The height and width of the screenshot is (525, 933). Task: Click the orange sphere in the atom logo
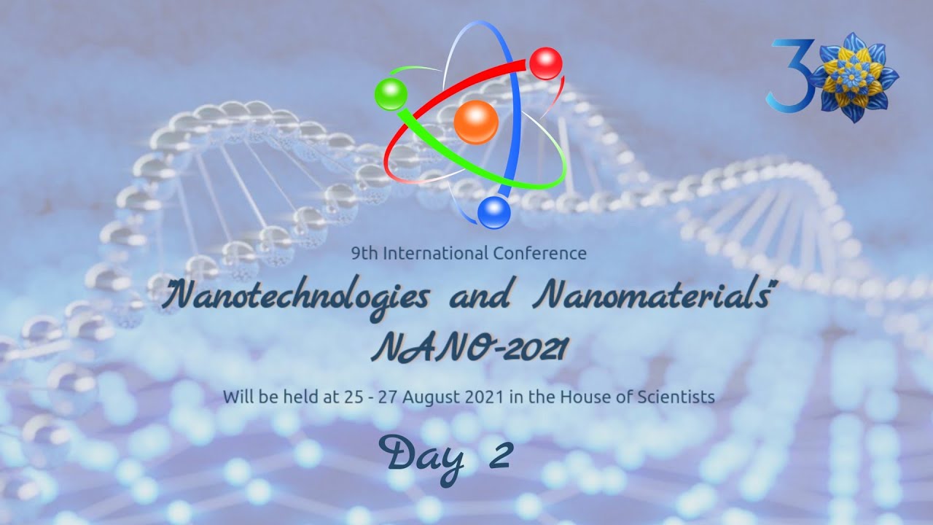pyautogui.click(x=476, y=122)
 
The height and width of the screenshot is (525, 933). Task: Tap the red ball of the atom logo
pyautogui.click(x=545, y=63)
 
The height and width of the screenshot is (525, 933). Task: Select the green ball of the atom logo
pyautogui.click(x=391, y=95)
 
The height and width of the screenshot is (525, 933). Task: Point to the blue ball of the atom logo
pyautogui.click(x=494, y=212)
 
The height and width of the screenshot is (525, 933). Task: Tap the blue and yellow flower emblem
pyautogui.click(x=854, y=77)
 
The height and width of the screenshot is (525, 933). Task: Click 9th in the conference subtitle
pyautogui.click(x=364, y=254)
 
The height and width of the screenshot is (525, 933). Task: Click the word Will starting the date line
pyautogui.click(x=236, y=397)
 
